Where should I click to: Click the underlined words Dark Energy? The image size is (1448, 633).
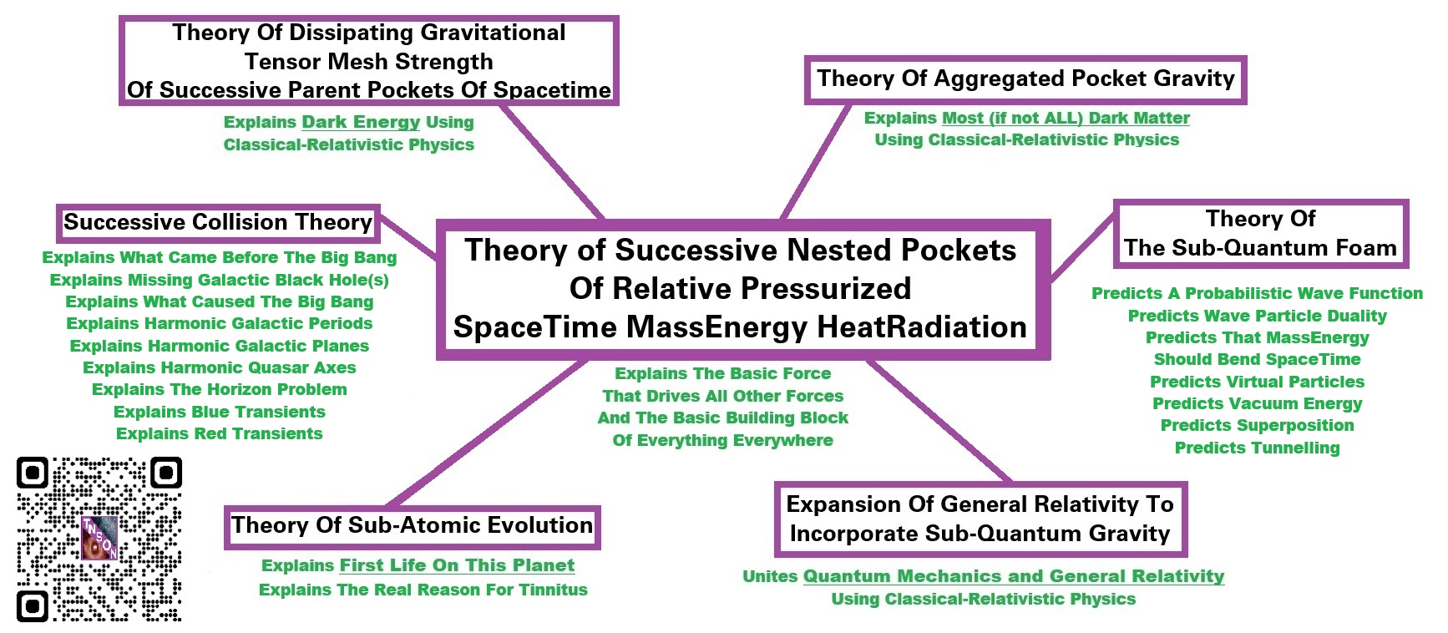[x=361, y=122]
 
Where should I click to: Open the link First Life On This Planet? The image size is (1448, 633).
[x=457, y=565]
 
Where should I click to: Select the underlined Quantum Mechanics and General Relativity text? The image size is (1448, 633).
[x=1014, y=576]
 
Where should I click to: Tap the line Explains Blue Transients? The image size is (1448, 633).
[x=220, y=412]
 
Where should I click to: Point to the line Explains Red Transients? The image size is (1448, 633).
[x=220, y=433]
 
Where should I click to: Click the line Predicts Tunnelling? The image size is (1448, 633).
[x=1257, y=448]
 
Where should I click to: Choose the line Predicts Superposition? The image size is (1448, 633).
[x=1257, y=425]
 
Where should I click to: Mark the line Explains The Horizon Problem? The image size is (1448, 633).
[x=220, y=389]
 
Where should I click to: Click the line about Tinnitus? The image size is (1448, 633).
[x=423, y=590]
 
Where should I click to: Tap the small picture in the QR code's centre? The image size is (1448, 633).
[x=99, y=539]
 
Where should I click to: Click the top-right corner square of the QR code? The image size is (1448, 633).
[x=165, y=473]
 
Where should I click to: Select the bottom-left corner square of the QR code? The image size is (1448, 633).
[x=33, y=605]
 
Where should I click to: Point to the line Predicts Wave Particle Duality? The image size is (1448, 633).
[x=1257, y=316]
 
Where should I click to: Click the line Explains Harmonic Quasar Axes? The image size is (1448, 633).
[x=220, y=367]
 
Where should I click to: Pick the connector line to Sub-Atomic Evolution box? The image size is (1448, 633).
[x=488, y=433]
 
